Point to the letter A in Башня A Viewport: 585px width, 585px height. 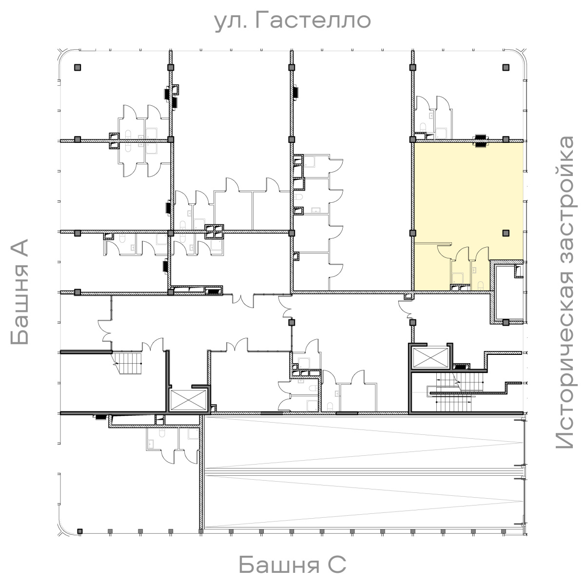[x=19, y=250]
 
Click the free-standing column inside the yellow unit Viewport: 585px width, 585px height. [x=506, y=233]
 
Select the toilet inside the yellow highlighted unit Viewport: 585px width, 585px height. [x=481, y=286]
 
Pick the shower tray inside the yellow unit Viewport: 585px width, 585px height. [x=457, y=277]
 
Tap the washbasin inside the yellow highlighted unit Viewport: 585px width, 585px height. [x=474, y=270]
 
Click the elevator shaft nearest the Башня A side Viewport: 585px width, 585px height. [x=188, y=400]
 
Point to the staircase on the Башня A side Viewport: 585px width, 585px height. [x=128, y=363]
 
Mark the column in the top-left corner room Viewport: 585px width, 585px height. [x=78, y=67]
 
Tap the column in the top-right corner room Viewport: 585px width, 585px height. [x=506, y=67]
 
